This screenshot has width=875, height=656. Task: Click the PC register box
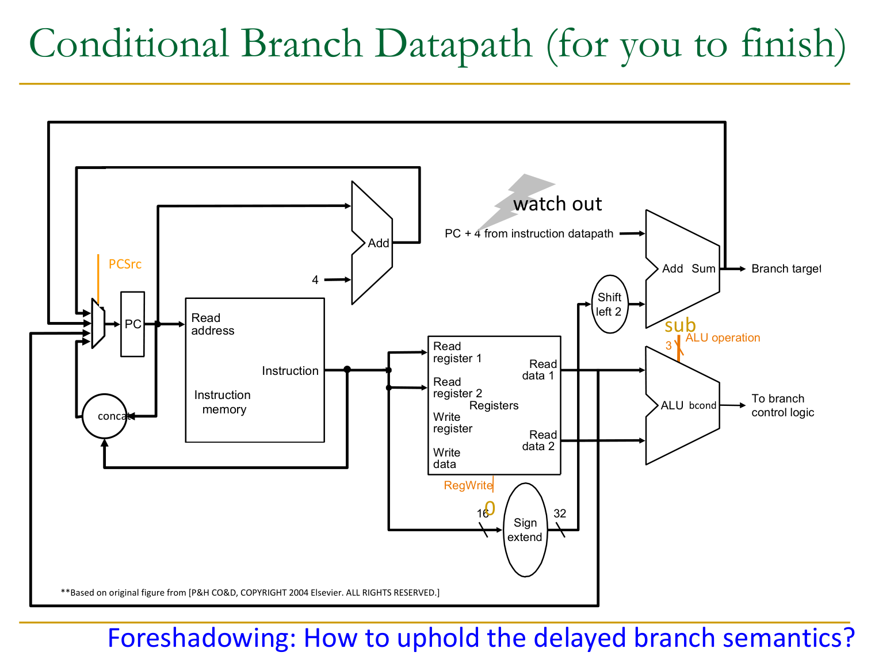coord(132,324)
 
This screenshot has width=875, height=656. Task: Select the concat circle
coord(104,416)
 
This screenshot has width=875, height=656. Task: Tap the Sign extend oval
coord(525,530)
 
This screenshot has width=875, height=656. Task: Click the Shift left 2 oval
coord(609,304)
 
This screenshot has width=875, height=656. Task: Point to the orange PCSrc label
coord(125,264)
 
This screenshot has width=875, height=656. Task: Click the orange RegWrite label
coord(468,485)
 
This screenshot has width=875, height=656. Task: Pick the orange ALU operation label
coord(723,337)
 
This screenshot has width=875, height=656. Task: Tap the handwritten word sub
coord(680,325)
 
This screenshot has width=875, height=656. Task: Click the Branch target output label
coord(786,268)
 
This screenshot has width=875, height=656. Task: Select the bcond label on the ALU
coord(702,405)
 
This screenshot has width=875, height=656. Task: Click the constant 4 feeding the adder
coord(315,280)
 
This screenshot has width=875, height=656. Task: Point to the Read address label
coord(212,324)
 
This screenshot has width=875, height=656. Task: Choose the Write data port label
coord(446,458)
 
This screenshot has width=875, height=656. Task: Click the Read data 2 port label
coord(539,440)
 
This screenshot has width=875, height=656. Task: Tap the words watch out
coord(557,204)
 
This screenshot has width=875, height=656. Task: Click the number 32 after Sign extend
coord(560,513)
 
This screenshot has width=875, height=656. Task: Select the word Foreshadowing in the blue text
coord(201,638)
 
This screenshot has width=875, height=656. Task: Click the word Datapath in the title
coord(453,44)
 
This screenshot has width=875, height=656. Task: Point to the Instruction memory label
coord(223,402)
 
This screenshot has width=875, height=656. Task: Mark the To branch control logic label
coord(782,405)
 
